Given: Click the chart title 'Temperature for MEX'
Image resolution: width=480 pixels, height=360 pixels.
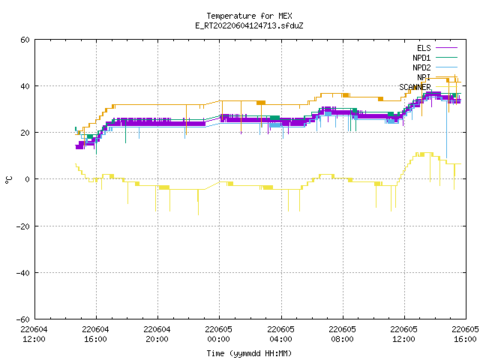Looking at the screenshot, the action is point(249,16).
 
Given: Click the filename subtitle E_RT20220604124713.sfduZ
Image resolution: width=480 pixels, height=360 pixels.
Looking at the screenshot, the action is point(249,25).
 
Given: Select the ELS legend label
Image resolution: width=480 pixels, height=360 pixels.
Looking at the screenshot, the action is point(424,48).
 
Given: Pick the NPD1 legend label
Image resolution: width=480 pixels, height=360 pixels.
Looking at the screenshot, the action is point(421,58).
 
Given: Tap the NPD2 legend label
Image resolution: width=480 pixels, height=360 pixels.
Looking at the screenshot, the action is point(421,67).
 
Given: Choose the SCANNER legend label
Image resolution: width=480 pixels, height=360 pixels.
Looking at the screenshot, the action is point(415,87).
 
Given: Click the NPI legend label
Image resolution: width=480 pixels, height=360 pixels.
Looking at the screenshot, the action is point(424,77).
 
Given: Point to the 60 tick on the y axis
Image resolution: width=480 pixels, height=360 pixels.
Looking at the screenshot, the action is point(25,40).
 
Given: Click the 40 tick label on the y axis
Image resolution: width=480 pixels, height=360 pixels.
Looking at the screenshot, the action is point(25,86).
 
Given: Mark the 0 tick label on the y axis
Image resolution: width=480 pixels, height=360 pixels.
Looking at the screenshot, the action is point(28,179).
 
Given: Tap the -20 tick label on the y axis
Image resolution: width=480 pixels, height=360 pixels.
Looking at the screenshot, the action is point(23,226).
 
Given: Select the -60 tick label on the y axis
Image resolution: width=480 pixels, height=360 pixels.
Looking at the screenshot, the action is point(23,319).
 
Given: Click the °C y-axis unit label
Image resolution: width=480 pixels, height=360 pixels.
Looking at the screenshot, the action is point(8,180).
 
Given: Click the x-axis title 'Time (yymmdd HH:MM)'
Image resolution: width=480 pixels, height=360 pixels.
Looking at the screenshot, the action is point(249,353).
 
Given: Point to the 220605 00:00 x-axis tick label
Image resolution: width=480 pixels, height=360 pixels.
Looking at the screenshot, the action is point(218,334).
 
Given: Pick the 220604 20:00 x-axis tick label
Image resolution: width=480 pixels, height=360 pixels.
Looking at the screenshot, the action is point(157,334).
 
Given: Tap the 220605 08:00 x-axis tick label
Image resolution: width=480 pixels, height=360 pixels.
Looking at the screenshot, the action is point(342,334).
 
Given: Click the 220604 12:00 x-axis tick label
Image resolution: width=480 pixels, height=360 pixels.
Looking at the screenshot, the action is point(34,334).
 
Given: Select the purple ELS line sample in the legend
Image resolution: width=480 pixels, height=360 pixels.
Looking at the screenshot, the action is point(447,48).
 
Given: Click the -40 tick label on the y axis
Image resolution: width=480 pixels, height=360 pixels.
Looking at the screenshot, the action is point(23,273).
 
